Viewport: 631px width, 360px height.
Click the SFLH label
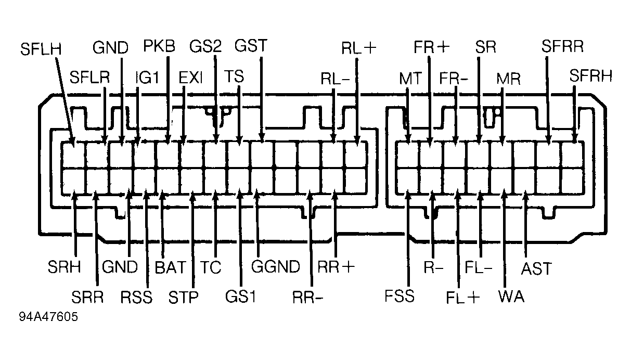(41, 49)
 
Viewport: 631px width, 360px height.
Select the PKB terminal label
(159, 46)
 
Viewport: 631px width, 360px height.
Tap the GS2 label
(205, 46)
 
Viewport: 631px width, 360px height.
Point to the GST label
(251, 46)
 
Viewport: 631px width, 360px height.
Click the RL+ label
(359, 48)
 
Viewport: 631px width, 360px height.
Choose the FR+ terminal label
(432, 47)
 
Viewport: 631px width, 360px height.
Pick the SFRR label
(562, 46)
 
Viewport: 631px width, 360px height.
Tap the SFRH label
(591, 75)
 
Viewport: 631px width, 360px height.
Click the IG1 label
(147, 77)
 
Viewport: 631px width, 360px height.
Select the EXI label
(191, 78)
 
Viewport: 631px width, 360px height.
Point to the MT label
(410, 79)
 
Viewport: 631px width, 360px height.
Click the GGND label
(276, 267)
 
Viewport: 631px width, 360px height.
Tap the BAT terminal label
(171, 267)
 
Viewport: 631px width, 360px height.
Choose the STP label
(184, 297)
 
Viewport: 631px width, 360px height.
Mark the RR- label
(308, 298)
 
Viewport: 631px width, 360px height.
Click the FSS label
(400, 296)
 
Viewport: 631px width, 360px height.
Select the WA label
(511, 297)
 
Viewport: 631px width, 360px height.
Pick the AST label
(536, 268)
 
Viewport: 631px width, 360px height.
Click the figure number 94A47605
(48, 317)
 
